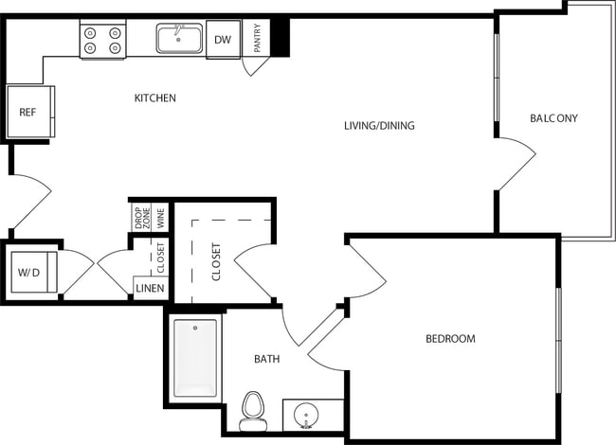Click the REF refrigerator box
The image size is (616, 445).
tap(28, 112)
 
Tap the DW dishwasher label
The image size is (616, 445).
tap(223, 40)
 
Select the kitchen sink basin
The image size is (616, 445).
tap(179, 40)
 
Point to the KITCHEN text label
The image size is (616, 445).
tap(154, 98)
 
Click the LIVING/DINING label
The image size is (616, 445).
tap(379, 126)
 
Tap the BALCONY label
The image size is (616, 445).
tap(553, 118)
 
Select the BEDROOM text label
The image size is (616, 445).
tap(450, 338)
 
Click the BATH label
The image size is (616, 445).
tap(266, 359)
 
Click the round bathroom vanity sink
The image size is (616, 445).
tap(306, 415)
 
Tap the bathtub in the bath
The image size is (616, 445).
tap(195, 359)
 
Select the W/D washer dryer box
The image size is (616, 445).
tap(28, 273)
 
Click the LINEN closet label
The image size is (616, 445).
tap(150, 289)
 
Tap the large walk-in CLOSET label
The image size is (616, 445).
tap(216, 261)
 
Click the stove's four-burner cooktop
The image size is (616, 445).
tap(102, 40)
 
